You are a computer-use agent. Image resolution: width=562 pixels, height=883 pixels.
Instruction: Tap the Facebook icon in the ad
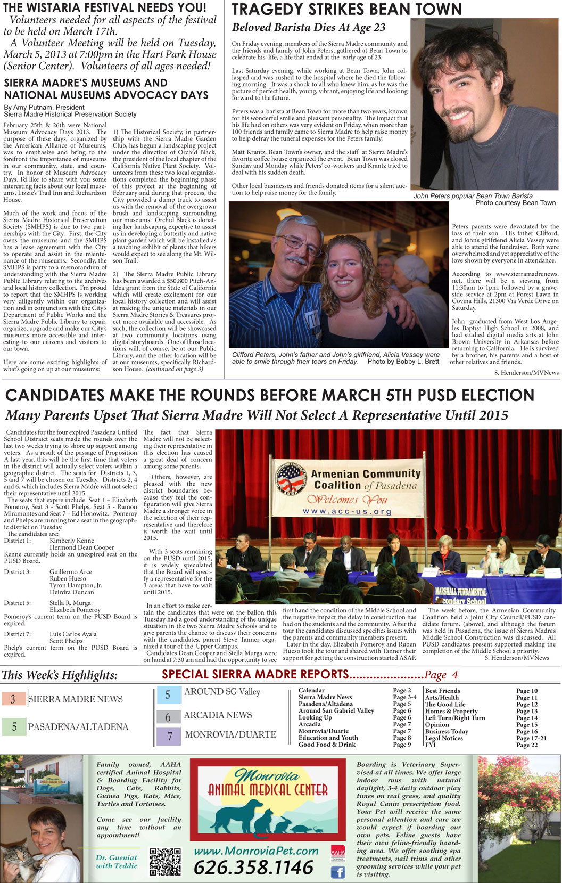pos(337,872)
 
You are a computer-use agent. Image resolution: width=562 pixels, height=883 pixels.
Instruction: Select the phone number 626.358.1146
pos(253,868)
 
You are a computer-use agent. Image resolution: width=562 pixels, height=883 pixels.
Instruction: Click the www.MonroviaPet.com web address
pos(256,851)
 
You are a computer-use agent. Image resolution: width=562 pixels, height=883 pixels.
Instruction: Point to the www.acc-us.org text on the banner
pos(347,512)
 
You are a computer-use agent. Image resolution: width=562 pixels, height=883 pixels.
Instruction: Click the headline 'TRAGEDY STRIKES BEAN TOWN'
pos(347,10)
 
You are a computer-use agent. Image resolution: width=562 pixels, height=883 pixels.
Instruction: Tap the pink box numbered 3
pos(13,699)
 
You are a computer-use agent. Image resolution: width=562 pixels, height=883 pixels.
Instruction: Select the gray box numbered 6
pos(168,717)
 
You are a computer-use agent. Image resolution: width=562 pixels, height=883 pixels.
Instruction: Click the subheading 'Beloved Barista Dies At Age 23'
pos(309,28)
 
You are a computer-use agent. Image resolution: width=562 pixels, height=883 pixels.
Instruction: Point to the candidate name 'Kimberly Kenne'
pos(72,541)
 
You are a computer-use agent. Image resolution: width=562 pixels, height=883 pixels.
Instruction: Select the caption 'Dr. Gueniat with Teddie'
pos(117,862)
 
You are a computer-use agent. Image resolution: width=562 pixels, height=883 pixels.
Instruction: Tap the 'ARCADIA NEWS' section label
pos(218,715)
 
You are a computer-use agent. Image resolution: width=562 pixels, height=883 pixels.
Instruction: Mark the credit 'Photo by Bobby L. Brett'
pos(403,361)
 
